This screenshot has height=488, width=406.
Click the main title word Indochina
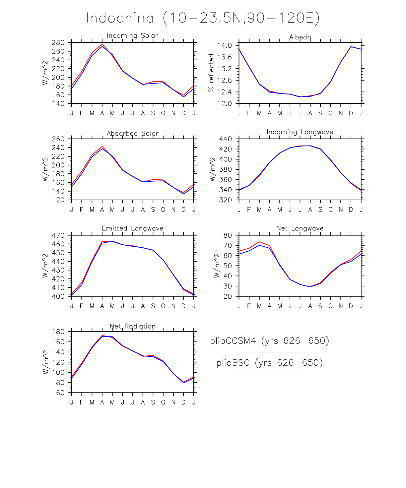coord(120,18)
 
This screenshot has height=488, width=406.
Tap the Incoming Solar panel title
coord(132,35)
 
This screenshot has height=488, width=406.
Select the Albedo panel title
coord(300,37)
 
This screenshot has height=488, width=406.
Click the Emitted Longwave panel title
coord(132,228)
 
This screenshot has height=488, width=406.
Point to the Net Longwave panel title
coord(300,228)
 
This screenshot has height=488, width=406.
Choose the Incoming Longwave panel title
coord(300,132)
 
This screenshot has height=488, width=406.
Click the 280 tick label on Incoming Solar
coord(58,43)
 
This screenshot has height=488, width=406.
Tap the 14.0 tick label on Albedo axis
coord(224,45)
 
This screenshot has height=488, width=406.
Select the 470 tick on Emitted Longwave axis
coord(58,235)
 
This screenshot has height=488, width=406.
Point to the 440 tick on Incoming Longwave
coord(226,139)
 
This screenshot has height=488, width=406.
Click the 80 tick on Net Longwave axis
coord(228,235)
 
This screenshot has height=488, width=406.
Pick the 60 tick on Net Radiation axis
coord(60,393)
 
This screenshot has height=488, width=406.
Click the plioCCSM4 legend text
coord(269,341)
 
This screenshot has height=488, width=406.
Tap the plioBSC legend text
coord(269,363)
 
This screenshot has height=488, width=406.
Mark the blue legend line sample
coord(269,352)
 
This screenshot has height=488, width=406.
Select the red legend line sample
coord(269,374)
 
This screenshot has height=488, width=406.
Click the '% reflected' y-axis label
coord(211,73)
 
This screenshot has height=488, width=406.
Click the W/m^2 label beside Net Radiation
coord(46,362)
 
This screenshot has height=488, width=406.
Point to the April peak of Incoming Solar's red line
coord(102,44)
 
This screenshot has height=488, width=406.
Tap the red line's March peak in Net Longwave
coord(259,242)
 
